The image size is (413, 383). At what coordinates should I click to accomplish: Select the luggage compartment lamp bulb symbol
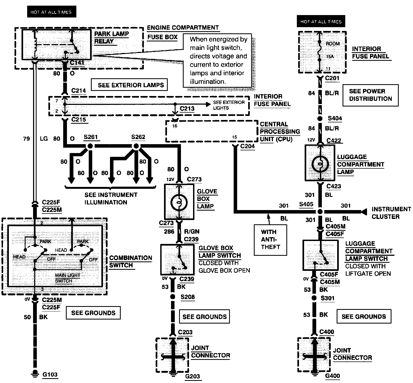[320, 163]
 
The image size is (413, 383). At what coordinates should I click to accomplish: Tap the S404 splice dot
[320, 119]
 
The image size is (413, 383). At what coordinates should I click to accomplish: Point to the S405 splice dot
[320, 212]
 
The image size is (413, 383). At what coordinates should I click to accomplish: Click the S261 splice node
[90, 146]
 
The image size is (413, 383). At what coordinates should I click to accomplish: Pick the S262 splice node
[136, 146]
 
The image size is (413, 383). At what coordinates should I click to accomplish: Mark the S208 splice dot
[173, 297]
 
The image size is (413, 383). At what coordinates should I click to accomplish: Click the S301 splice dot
[314, 298]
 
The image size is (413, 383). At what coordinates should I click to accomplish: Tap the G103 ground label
[50, 374]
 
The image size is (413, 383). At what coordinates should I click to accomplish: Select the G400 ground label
[333, 376]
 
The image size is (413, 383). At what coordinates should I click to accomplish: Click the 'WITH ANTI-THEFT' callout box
[270, 240]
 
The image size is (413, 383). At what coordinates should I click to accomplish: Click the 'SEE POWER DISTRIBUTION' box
[371, 95]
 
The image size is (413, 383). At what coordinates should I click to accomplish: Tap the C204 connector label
[248, 146]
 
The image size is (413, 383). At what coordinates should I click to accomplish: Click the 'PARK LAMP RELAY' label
[111, 38]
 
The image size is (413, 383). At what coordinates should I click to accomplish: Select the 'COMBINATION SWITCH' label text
[131, 261]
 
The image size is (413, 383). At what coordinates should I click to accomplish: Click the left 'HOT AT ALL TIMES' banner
[51, 12]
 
